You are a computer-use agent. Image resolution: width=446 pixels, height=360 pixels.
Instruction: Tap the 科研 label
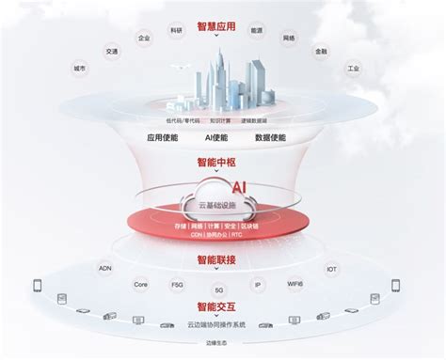177,30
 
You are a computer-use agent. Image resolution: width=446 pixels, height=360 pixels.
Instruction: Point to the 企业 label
144,39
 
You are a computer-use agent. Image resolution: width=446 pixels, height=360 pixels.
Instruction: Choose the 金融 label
322,52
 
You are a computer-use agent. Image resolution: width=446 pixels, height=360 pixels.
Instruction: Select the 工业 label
354,69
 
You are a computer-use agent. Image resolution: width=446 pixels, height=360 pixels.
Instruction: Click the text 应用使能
163,137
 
